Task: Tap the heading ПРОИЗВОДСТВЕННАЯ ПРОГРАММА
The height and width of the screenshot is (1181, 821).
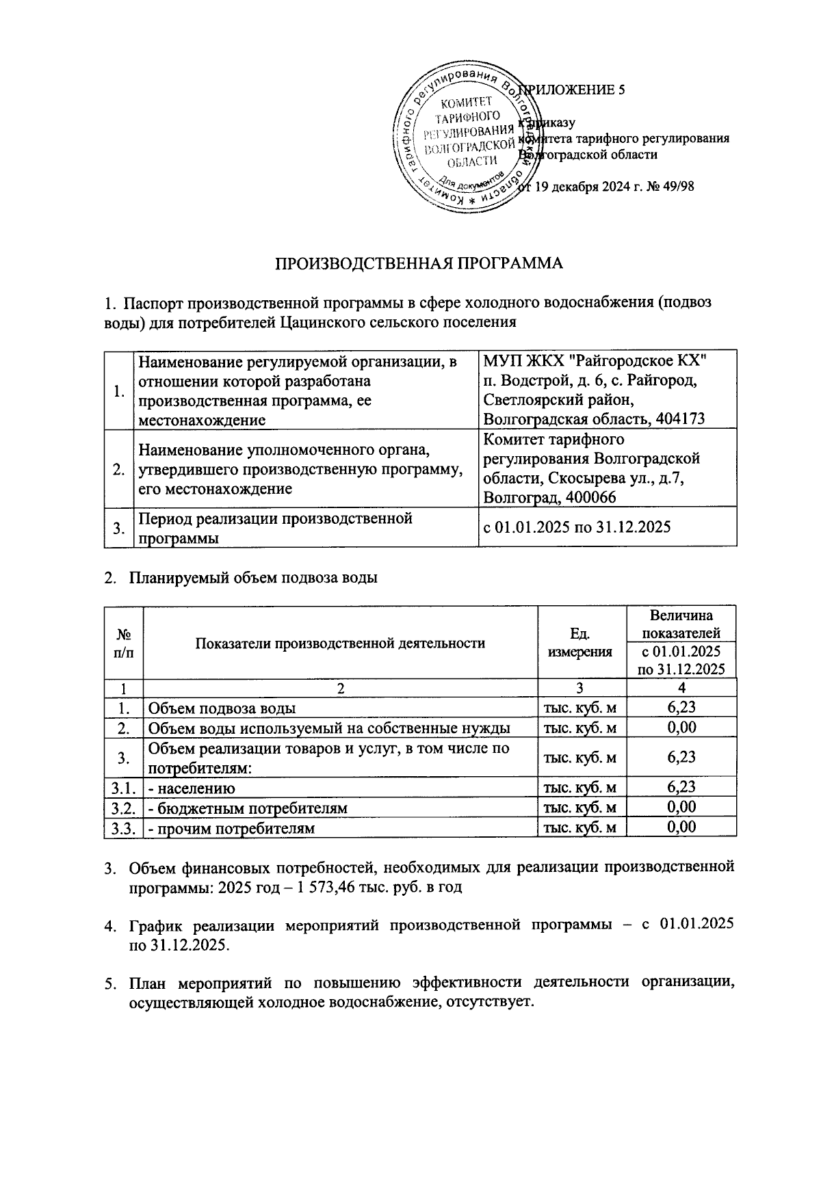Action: (419, 264)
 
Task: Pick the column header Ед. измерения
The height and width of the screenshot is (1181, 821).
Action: (580, 643)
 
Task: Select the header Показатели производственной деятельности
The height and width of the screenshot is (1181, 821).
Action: (340, 643)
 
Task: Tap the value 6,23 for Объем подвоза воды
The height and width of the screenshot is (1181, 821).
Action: (681, 708)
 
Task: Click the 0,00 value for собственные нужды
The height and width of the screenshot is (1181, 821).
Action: (681, 728)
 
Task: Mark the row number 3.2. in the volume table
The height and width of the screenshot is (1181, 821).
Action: (124, 808)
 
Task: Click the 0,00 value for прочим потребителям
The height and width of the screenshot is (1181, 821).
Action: (681, 827)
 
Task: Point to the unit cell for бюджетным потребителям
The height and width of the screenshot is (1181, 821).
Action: (580, 808)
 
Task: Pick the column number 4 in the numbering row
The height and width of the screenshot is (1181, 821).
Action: (681, 688)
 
